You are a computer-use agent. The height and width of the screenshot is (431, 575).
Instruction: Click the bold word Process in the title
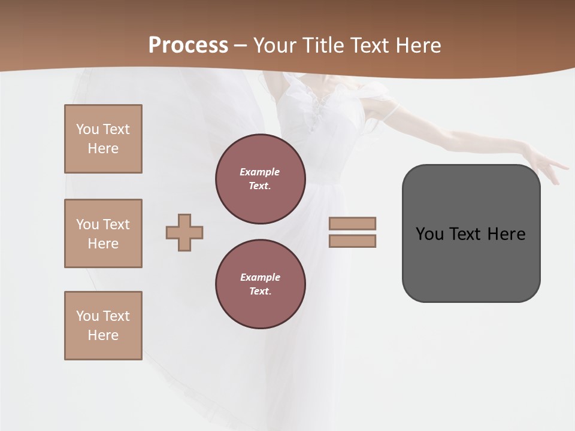pos(188,45)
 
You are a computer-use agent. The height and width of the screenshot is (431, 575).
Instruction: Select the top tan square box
pos(103,139)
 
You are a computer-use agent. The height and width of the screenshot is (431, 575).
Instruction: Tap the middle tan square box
pos(103,233)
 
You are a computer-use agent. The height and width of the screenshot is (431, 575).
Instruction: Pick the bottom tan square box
pos(103,326)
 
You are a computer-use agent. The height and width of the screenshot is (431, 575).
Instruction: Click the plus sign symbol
pos(184,232)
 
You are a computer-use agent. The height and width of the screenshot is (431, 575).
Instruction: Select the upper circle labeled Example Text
pos(261,178)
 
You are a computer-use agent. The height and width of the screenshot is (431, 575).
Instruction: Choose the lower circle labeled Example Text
pos(261,284)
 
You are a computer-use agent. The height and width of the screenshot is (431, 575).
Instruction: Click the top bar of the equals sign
pos(352,223)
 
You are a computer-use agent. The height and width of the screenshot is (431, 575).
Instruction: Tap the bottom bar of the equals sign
pos(352,241)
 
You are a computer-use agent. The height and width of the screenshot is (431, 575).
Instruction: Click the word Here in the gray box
pos(506,234)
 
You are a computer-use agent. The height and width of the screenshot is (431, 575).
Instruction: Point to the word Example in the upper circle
pos(260,172)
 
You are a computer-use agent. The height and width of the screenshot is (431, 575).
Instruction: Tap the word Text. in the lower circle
pos(260,292)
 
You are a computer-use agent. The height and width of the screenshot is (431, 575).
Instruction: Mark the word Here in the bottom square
pos(103,335)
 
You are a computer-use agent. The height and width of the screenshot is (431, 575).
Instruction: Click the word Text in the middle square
pos(116,224)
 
